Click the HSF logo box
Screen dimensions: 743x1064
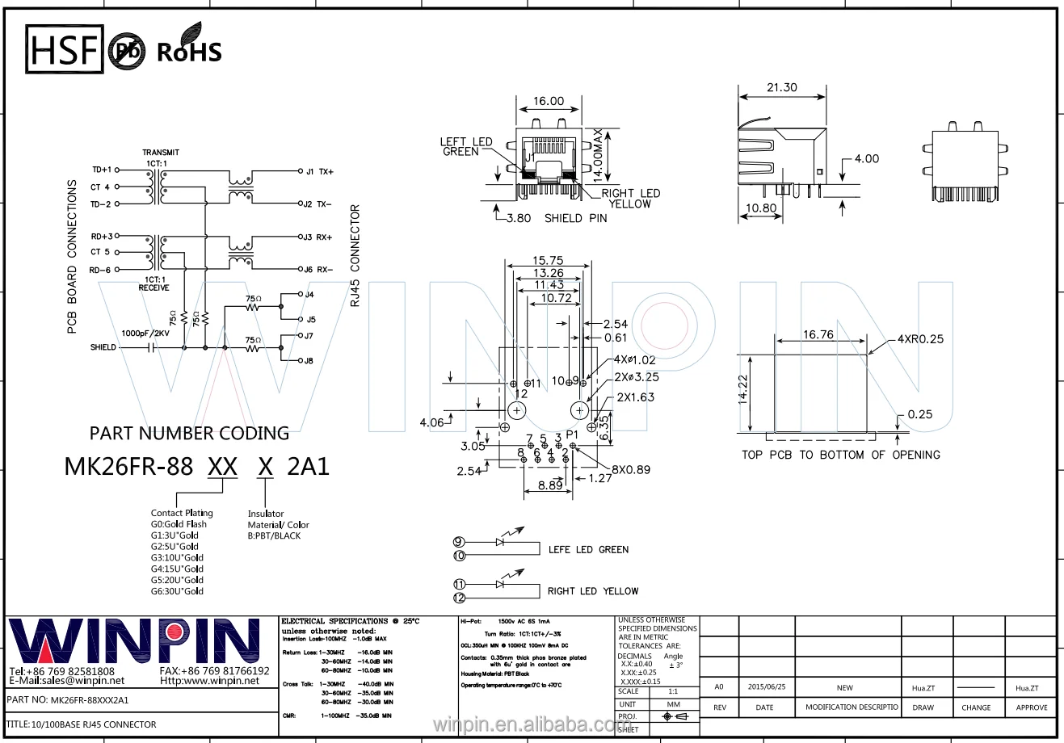(x=65, y=49)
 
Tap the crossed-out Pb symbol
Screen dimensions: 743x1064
(x=127, y=50)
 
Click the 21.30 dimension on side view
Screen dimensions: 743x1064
(x=781, y=87)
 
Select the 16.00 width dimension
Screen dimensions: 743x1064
(x=549, y=101)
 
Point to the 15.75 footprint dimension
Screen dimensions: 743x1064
(x=547, y=261)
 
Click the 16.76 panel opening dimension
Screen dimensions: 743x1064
(x=818, y=334)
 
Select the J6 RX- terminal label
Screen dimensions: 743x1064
(x=318, y=270)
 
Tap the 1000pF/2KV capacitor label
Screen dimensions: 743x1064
(x=146, y=333)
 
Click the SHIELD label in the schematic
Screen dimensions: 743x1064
(x=103, y=347)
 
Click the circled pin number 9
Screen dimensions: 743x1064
(x=458, y=542)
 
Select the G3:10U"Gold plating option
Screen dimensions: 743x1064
(x=177, y=557)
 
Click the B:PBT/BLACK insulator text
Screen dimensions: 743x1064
(x=274, y=535)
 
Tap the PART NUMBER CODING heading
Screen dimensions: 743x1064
(x=189, y=433)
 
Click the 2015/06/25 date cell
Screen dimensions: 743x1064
(x=766, y=687)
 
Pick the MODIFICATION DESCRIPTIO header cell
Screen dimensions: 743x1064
(x=851, y=707)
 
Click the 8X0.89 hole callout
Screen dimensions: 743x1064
(x=631, y=469)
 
